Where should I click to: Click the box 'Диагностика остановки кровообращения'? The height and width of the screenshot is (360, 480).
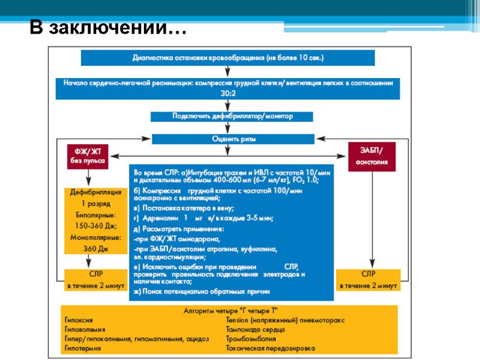coord(228,58)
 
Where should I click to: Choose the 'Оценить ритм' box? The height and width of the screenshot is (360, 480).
coord(233,139)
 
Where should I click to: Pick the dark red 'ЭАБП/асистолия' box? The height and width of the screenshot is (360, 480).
coord(371,157)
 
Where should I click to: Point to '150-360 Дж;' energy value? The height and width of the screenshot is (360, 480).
coord(89,226)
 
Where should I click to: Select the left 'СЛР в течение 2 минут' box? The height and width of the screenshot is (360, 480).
coord(89,280)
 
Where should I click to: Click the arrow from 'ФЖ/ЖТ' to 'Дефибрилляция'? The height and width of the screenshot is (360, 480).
coord(89,178)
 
